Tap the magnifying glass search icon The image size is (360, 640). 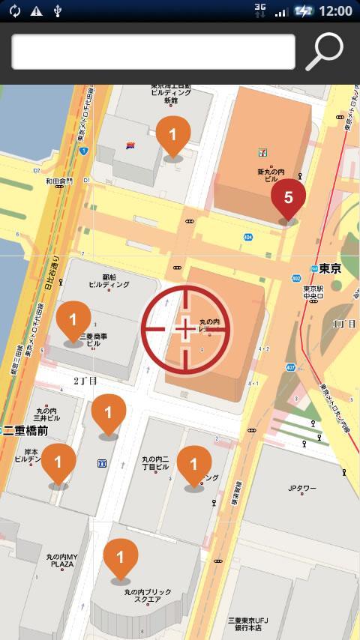325,52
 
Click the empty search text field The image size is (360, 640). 153,52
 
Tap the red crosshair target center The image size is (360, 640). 184,328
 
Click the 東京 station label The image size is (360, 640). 330,268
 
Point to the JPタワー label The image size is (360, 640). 304,489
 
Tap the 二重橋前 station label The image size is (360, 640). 26,430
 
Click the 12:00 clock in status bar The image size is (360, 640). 335,10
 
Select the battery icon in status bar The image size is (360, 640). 304,10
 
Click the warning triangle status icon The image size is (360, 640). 36,10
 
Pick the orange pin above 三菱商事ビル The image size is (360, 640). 73,321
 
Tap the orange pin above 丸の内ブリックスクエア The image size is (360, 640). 120,558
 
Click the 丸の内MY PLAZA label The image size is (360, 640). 59,561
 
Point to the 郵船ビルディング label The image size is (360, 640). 109,280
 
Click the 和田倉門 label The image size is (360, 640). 58,181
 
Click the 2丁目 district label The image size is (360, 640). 85,381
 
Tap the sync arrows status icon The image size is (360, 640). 14,10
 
